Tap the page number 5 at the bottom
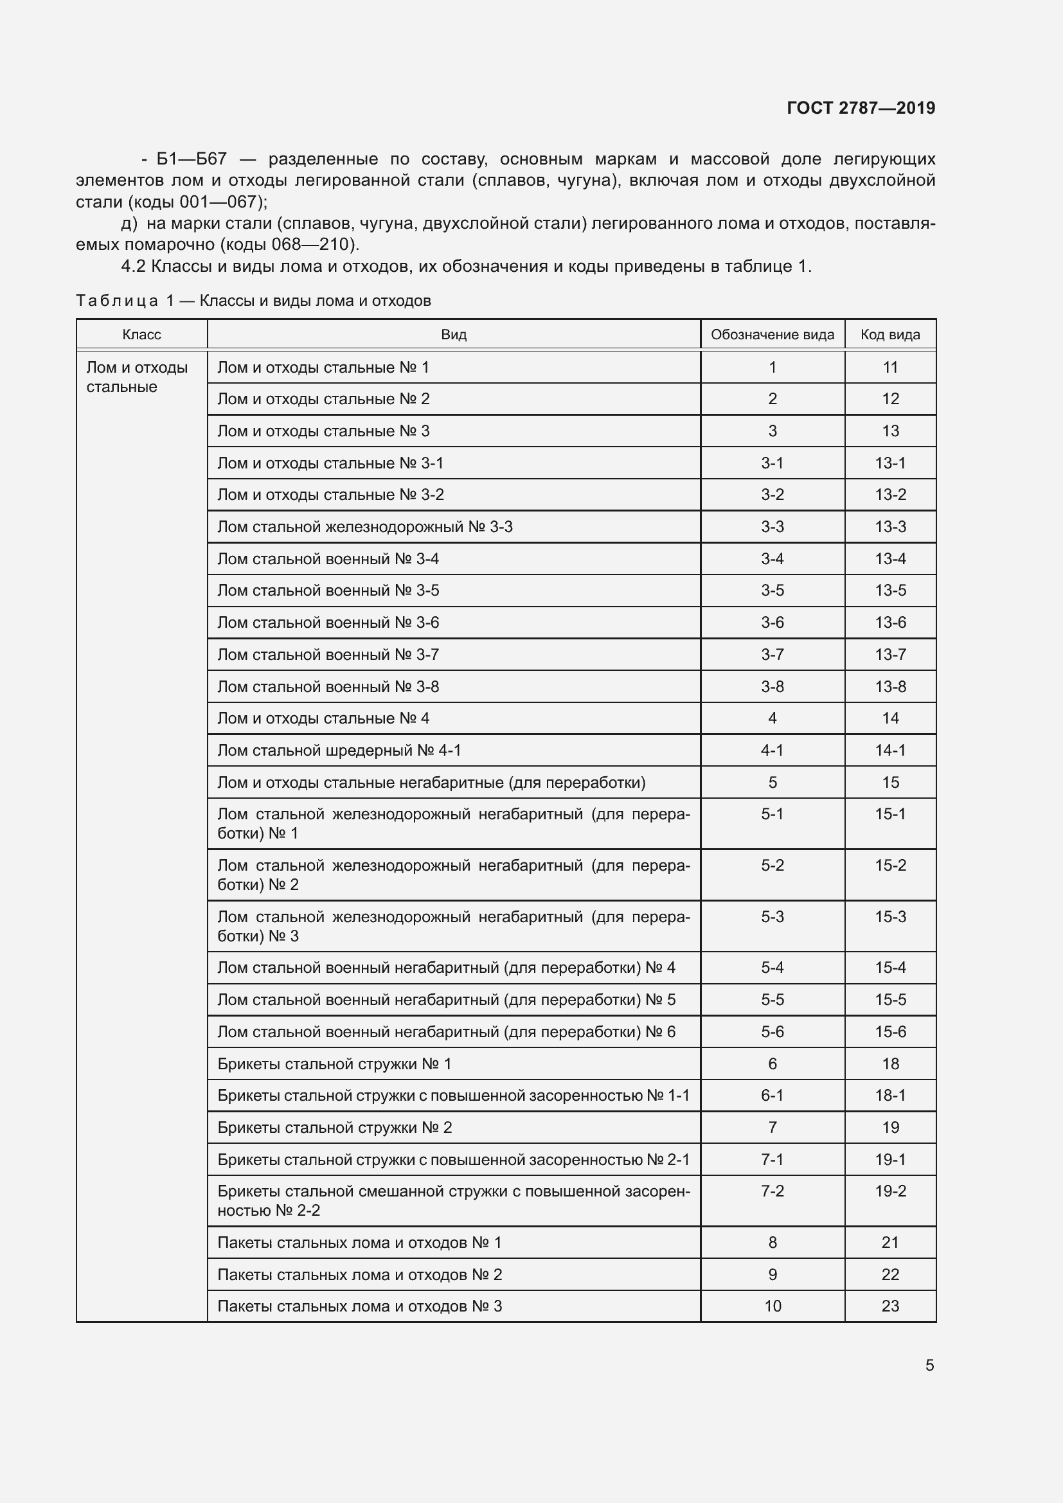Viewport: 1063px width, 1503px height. coord(929,1365)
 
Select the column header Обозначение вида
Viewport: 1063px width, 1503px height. coord(772,335)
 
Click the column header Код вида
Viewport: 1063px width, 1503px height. coord(889,335)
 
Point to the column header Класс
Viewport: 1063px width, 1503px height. coord(141,335)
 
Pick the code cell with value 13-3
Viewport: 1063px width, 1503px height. coord(890,527)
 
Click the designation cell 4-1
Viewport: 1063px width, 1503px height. coord(772,750)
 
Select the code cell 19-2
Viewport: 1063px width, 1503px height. coord(890,1191)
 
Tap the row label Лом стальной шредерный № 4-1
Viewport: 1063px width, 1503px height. coord(339,750)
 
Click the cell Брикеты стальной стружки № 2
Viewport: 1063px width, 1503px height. coord(334,1127)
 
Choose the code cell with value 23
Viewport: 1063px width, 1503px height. coord(890,1306)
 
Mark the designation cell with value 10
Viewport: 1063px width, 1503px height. coord(773,1306)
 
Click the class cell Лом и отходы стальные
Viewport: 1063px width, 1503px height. coord(137,377)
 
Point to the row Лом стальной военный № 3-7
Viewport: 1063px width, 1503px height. coord(328,655)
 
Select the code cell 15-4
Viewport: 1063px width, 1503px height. coord(890,968)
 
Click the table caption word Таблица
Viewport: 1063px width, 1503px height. coord(116,301)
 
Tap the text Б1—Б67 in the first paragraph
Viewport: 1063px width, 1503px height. coord(191,159)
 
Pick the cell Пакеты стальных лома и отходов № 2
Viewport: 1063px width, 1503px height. coord(359,1274)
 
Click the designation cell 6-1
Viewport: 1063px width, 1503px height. coord(772,1095)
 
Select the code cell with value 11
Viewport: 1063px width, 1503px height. coord(890,368)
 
